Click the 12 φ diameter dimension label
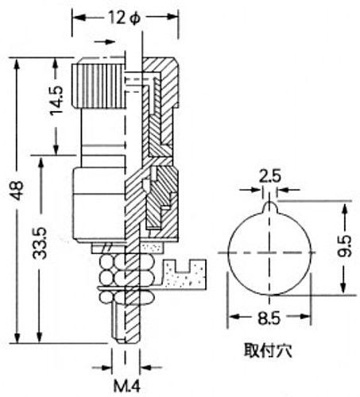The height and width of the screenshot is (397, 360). tap(124, 18)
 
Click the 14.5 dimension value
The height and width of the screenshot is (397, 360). tap(57, 100)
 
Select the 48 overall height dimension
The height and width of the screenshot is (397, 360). tap(17, 191)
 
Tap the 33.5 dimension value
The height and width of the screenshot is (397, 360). tap(40, 243)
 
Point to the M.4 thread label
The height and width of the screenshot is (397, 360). tap(126, 386)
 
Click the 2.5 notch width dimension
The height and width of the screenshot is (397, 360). tap(269, 176)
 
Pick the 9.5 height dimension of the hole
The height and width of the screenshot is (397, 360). tap(344, 246)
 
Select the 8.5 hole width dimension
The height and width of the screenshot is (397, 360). tap(269, 318)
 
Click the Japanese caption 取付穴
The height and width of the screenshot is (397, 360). tap(268, 350)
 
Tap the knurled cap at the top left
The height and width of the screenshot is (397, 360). tap(99, 83)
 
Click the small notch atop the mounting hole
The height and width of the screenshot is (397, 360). tap(269, 206)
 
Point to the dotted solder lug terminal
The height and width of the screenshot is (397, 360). tap(185, 274)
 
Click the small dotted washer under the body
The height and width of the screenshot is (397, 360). tap(151, 248)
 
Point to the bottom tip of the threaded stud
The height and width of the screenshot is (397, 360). tap(126, 342)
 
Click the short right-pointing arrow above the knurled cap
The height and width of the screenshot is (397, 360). tap(105, 42)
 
